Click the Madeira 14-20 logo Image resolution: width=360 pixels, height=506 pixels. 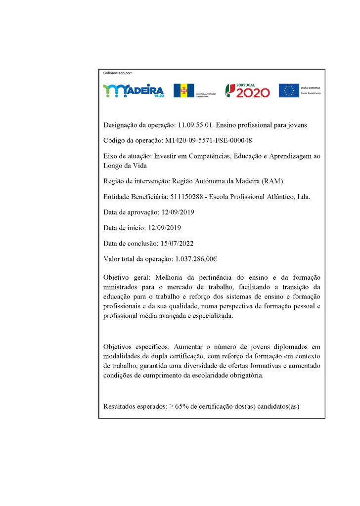point(133,91)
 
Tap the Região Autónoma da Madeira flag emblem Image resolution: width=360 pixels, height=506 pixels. point(183,90)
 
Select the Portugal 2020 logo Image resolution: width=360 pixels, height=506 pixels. point(248,90)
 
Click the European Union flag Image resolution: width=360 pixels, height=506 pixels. point(289,90)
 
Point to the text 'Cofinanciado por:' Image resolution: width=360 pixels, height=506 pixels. point(117,73)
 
